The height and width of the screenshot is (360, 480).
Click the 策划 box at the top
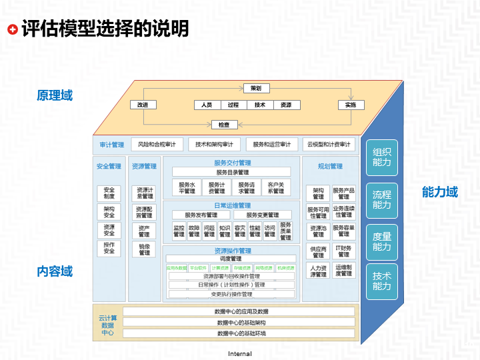[x=256, y=88]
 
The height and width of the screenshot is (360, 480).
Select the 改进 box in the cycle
[x=143, y=105]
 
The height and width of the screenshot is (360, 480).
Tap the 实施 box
[x=351, y=105]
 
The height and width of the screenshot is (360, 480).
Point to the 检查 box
[x=224, y=124]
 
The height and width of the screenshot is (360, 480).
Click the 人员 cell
[x=207, y=105]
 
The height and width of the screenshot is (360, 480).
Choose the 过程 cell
[x=233, y=105]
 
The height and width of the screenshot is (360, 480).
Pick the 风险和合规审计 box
[x=157, y=144]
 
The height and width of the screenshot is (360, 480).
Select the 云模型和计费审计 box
[x=328, y=144]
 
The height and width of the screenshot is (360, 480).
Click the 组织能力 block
[x=382, y=157]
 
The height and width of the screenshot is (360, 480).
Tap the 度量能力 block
[x=382, y=241]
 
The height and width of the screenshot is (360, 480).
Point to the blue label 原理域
[x=55, y=95]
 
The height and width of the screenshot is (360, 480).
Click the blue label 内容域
[x=55, y=271]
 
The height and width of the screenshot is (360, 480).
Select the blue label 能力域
[x=440, y=192]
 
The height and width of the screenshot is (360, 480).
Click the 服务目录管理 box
[x=231, y=172]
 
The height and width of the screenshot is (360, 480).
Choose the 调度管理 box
[x=231, y=259]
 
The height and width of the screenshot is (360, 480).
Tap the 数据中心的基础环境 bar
[x=241, y=333]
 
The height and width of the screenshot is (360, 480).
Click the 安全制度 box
[x=109, y=193]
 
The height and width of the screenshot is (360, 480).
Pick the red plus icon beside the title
[x=12, y=29]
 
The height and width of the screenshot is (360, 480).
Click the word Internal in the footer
[x=240, y=353]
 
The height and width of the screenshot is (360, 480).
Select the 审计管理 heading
[x=112, y=145]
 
